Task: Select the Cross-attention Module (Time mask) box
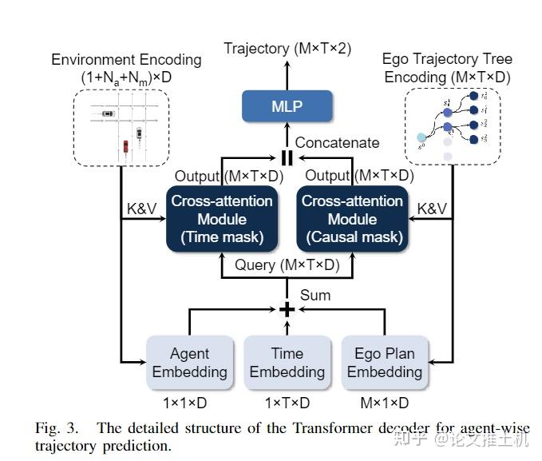[x=221, y=219]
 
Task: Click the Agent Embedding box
[x=189, y=362]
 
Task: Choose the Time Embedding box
[x=287, y=362]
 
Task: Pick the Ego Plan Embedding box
[x=384, y=362]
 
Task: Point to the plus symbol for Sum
[x=286, y=309]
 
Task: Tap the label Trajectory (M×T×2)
[x=286, y=49]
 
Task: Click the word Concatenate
[x=337, y=143]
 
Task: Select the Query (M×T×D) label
[x=287, y=265]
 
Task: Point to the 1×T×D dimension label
[x=287, y=403]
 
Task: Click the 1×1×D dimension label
[x=189, y=403]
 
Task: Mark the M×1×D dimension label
[x=384, y=403]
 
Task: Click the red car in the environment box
[x=125, y=146]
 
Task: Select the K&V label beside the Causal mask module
[x=431, y=209]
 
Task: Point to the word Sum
[x=315, y=295]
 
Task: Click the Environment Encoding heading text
[x=126, y=60]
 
